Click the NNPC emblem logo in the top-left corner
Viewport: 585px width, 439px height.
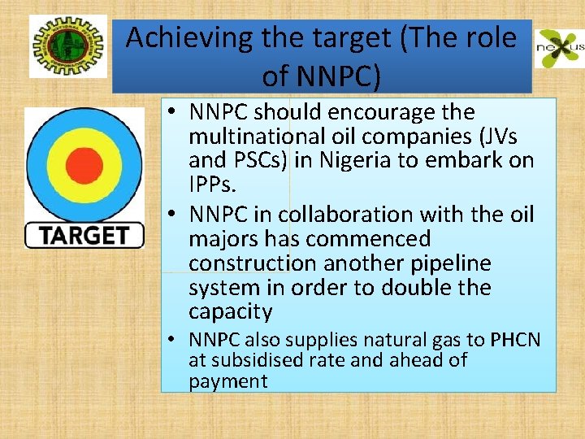coord(68,46)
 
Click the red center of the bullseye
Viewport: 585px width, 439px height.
coord(83,163)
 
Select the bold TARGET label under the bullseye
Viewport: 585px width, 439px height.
coord(84,235)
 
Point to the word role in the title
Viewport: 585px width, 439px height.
coord(486,38)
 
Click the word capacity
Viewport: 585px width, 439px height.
coord(230,312)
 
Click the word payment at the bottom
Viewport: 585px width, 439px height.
coord(227,381)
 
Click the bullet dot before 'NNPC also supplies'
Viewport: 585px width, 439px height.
coord(175,340)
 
